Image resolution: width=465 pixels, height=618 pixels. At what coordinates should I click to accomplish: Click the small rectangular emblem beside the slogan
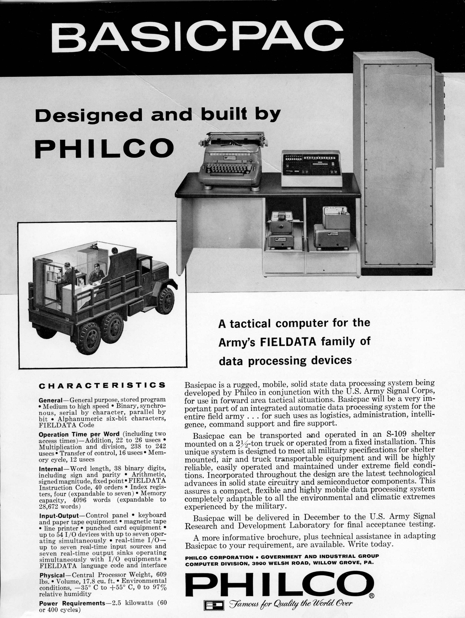(x=214, y=605)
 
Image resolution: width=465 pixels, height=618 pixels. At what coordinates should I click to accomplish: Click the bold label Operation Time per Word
(x=79, y=434)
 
